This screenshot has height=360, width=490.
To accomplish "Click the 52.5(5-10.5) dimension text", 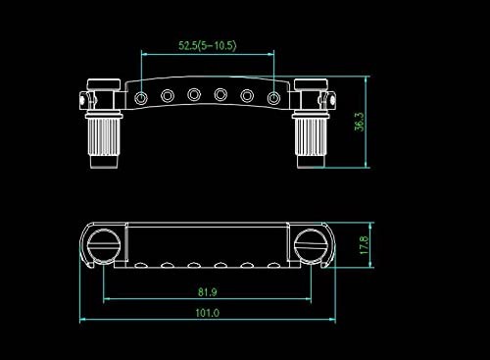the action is (x=207, y=45).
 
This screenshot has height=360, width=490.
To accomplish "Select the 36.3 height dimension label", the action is (x=360, y=122).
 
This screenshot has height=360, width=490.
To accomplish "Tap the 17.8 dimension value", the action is (x=364, y=245).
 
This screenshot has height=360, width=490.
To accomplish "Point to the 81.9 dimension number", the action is (x=208, y=291).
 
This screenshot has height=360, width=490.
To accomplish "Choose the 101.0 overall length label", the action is (x=208, y=313).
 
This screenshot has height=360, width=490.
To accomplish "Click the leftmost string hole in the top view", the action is (x=141, y=97).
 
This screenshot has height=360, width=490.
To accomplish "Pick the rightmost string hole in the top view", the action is (x=273, y=97).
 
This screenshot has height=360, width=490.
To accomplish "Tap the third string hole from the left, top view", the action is (x=194, y=94).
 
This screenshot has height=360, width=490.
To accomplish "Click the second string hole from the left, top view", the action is (x=168, y=96).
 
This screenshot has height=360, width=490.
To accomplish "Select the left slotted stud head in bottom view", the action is (x=103, y=245).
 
